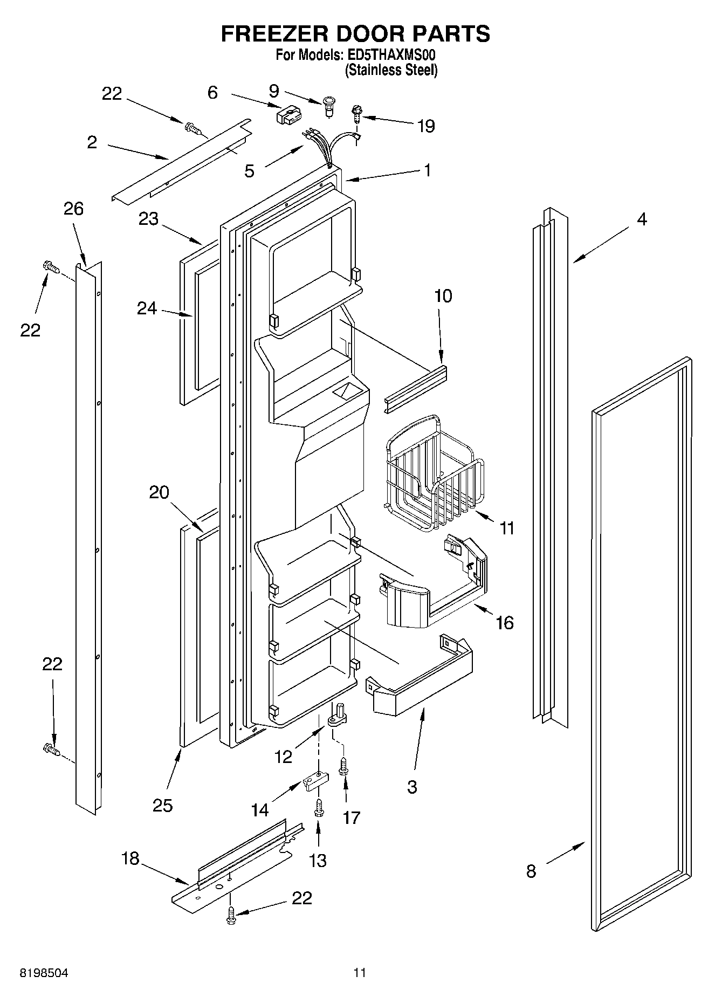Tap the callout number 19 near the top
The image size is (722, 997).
425,126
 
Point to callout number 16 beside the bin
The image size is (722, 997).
505,623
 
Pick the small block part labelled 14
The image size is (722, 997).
315,783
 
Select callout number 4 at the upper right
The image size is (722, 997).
642,219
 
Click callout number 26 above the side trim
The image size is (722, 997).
74,209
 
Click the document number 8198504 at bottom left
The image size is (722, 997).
44,972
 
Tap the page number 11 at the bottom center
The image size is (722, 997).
360,972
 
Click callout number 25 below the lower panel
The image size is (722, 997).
162,805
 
